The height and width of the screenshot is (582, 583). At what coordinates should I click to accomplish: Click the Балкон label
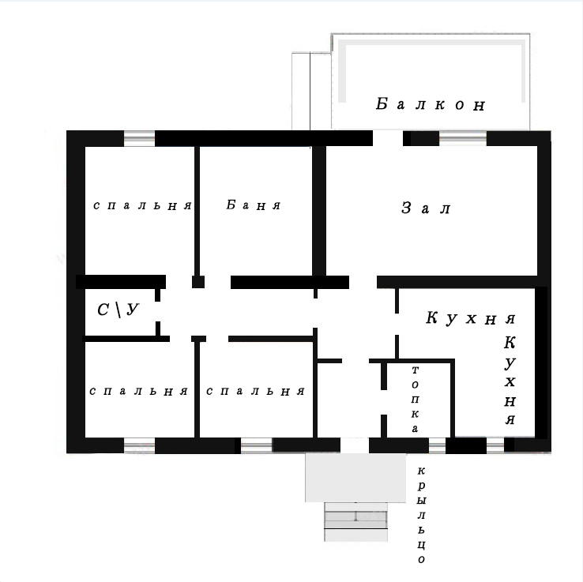[431, 104]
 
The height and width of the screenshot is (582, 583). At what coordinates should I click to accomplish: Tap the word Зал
[426, 208]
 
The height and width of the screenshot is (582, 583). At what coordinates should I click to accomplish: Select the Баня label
[254, 205]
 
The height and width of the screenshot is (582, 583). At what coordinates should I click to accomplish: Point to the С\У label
[118, 310]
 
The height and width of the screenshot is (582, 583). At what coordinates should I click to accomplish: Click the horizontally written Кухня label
[470, 317]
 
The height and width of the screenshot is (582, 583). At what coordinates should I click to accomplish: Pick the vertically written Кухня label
[510, 380]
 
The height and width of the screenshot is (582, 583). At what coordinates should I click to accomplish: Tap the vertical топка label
[415, 400]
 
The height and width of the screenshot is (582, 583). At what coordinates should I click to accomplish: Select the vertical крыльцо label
[421, 515]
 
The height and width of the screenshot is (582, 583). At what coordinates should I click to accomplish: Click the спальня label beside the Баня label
[142, 205]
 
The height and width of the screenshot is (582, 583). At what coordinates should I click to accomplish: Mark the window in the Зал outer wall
[463, 138]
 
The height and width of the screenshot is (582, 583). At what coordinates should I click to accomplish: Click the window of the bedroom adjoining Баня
[139, 138]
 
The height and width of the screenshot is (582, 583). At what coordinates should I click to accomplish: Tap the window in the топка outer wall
[438, 445]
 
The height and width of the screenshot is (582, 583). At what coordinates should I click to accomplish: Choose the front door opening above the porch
[355, 445]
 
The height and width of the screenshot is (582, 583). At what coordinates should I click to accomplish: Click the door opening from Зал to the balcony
[388, 138]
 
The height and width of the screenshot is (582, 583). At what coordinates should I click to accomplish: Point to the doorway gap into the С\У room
[158, 311]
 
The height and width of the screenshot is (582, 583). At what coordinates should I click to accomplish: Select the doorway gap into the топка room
[384, 403]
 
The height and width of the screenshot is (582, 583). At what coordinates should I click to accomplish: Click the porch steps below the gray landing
[355, 522]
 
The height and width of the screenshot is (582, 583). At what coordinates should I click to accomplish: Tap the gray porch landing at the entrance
[355, 478]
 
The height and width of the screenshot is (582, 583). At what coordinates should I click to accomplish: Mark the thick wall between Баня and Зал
[319, 211]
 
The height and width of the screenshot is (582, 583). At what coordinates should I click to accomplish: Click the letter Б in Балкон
[382, 103]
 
